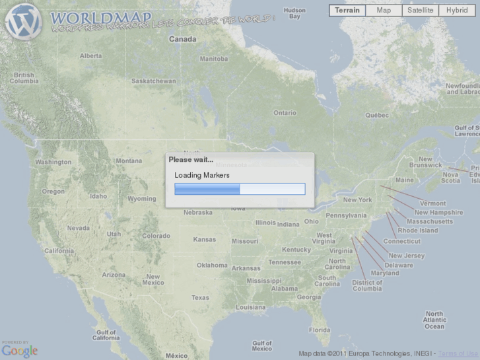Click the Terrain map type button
(347, 11)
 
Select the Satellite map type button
(421, 11)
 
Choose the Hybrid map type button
(457, 11)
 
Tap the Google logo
(20, 351)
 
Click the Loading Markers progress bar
(240, 189)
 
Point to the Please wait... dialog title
(191, 160)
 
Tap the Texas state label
(200, 298)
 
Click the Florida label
(320, 330)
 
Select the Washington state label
(53, 162)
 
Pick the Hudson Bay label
(294, 13)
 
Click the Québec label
(377, 114)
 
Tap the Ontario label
(285, 113)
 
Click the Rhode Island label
(417, 231)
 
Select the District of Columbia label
(367, 285)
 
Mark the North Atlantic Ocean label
(434, 320)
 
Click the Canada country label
(182, 39)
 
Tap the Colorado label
(156, 236)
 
